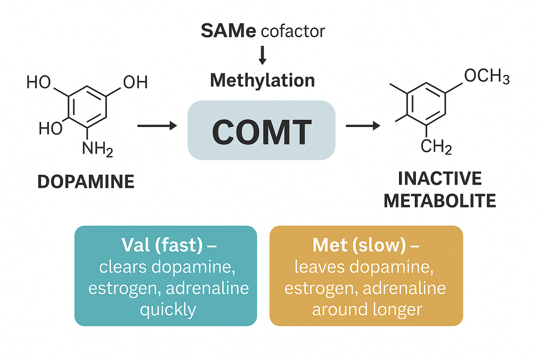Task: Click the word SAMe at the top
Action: (x=228, y=31)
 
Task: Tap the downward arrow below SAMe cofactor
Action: (x=262, y=55)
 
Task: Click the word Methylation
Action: (x=262, y=80)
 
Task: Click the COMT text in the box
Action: (x=262, y=132)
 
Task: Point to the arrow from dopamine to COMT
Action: (x=157, y=126)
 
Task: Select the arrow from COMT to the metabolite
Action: (x=363, y=126)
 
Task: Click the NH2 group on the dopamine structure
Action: (x=97, y=150)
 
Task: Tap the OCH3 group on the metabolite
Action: (x=487, y=76)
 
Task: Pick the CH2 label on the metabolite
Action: (x=436, y=147)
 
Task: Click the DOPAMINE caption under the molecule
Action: (x=86, y=182)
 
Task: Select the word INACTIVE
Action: (x=440, y=178)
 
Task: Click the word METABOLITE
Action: (x=440, y=201)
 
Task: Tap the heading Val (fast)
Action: (x=162, y=245)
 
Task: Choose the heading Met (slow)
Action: (x=359, y=245)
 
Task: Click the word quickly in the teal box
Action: (x=168, y=310)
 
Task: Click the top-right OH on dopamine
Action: (x=136, y=82)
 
